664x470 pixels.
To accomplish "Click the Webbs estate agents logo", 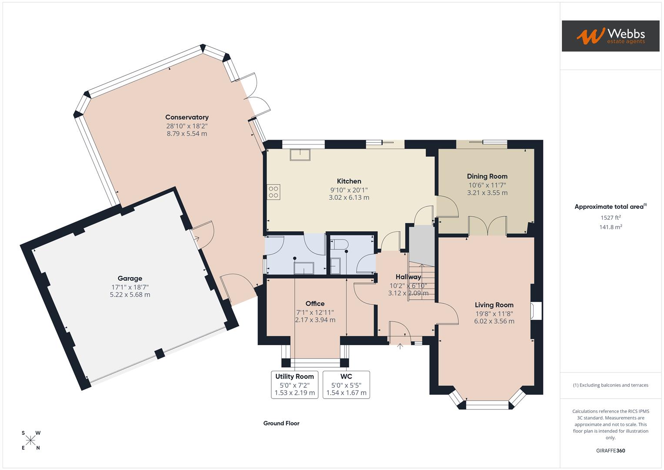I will (610, 36).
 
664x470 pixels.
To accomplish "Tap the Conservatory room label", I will (187, 117).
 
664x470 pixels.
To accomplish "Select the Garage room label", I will (130, 279).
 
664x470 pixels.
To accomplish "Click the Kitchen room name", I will (349, 181).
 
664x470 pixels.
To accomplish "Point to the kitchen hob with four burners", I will (274, 192).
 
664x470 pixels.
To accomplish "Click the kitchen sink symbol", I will (300, 155).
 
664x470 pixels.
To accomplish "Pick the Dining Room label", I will (487, 176).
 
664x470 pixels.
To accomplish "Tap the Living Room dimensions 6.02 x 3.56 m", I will (494, 321).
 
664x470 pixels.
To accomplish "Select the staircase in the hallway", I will (421, 279).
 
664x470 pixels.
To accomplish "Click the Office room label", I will (315, 304).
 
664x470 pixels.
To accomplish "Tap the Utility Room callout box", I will (294, 384).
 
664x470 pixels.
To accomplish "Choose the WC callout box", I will (346, 384).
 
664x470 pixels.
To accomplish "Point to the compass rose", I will (30, 440).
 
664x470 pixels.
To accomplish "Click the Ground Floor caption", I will (281, 423).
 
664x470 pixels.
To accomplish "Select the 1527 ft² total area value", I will (611, 218).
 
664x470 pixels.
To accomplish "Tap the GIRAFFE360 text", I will (611, 450).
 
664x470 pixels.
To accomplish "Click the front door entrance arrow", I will (400, 346).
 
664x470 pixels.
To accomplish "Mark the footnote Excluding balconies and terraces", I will (611, 385).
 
